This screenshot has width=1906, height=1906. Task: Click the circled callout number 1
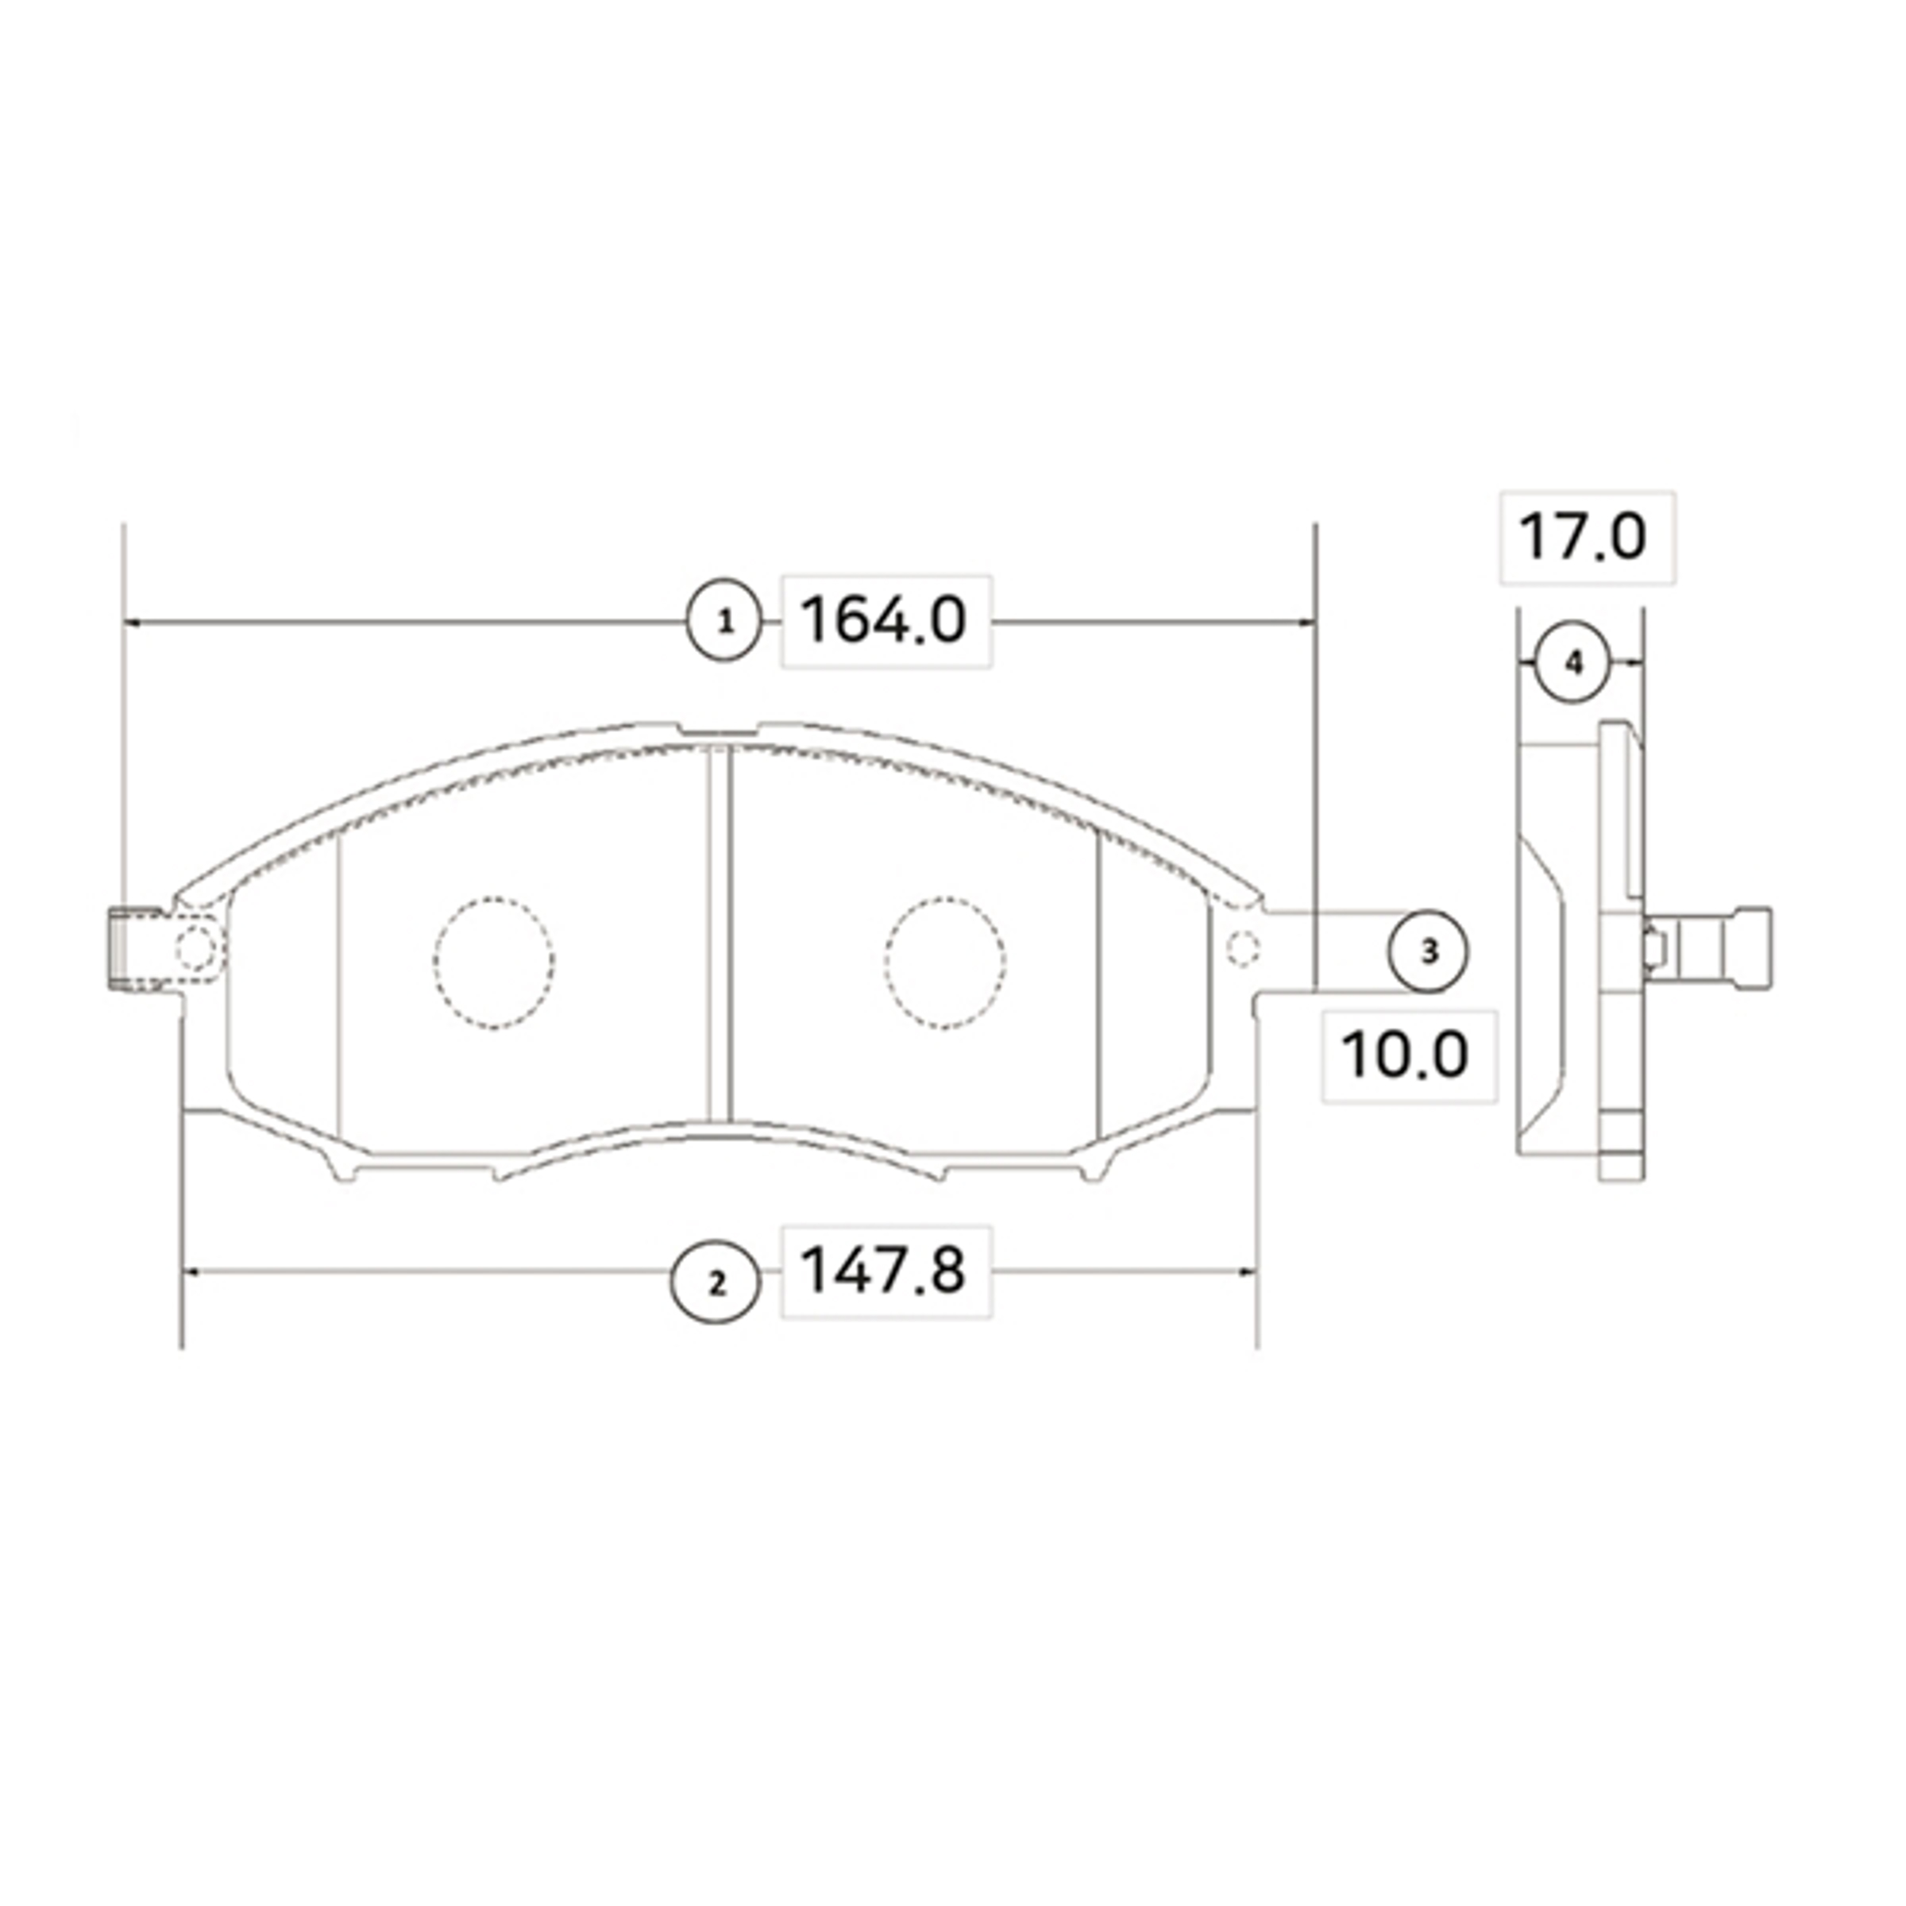(725, 623)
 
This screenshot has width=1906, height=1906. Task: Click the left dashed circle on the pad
(493, 964)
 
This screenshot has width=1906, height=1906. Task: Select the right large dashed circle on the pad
(944, 964)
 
